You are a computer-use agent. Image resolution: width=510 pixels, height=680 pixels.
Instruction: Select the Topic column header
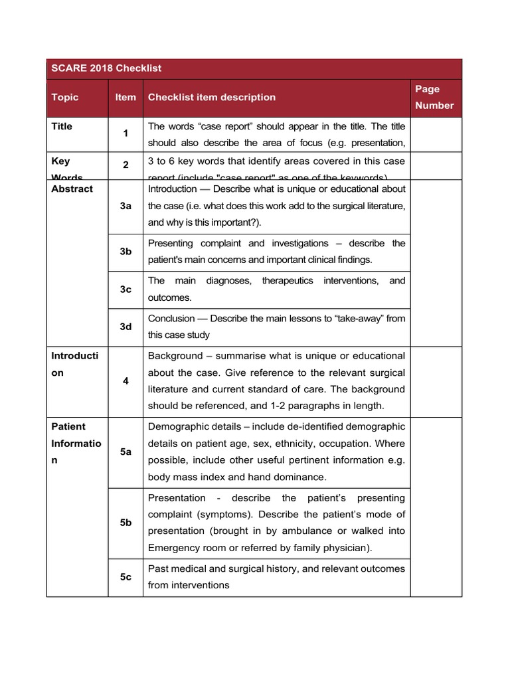(x=64, y=97)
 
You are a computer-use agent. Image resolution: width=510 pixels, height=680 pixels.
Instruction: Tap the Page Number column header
(x=434, y=97)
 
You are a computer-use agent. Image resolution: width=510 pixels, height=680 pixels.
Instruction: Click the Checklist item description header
(x=211, y=97)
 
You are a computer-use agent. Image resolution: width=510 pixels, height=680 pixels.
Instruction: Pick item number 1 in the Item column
(x=126, y=134)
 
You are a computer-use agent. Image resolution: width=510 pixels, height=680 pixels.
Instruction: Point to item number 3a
(x=126, y=206)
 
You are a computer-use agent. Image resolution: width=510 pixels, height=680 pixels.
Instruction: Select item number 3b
(x=126, y=252)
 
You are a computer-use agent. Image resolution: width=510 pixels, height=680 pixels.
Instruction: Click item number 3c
(x=126, y=290)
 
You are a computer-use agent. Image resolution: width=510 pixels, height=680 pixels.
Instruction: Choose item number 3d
(x=126, y=327)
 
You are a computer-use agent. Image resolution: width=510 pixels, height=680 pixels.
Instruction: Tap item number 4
(x=126, y=381)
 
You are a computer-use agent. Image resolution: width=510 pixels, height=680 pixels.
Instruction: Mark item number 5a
(x=126, y=452)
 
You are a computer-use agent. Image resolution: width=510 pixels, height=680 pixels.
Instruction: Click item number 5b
(x=126, y=523)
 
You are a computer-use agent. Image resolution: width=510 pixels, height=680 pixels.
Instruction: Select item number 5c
(x=126, y=577)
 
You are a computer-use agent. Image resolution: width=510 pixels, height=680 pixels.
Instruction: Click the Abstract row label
(x=72, y=189)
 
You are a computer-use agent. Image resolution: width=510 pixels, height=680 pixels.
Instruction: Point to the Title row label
(x=62, y=126)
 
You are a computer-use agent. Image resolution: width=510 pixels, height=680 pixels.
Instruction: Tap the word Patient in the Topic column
(x=68, y=426)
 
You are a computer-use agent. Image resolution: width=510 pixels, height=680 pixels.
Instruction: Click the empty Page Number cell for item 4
(x=436, y=381)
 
